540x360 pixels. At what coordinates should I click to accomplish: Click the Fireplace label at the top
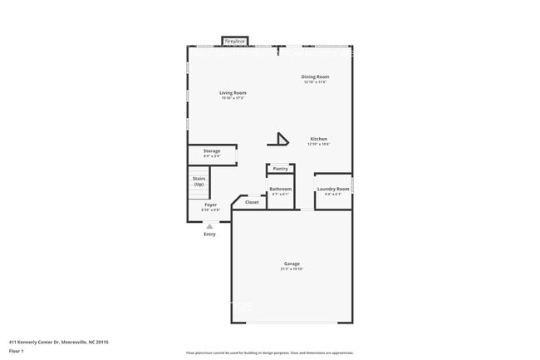click(x=233, y=40)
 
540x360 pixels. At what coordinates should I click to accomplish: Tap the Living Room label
click(x=233, y=92)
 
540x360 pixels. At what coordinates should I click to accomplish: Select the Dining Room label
click(x=315, y=76)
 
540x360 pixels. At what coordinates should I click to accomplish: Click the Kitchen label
click(x=319, y=139)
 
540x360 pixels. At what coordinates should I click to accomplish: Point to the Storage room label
click(x=212, y=150)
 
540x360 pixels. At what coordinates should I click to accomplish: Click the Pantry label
click(x=281, y=169)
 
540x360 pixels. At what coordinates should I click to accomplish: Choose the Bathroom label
click(x=280, y=189)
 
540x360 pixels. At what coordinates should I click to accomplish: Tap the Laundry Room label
click(x=333, y=189)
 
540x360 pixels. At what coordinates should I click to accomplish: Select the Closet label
click(x=252, y=202)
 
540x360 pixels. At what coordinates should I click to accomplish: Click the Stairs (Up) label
click(x=199, y=180)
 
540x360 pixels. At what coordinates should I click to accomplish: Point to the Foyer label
click(x=211, y=205)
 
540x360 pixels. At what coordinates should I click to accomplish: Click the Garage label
click(x=291, y=264)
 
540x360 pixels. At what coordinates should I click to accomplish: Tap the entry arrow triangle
click(x=209, y=225)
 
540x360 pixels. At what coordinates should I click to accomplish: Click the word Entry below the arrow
click(x=209, y=234)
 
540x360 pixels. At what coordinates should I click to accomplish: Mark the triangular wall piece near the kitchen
click(x=282, y=139)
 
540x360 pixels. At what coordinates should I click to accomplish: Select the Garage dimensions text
click(x=291, y=269)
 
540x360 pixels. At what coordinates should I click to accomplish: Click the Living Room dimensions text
click(x=233, y=98)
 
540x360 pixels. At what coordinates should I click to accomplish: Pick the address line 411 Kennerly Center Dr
click(x=59, y=341)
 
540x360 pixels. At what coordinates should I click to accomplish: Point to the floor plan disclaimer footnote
click(x=269, y=353)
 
